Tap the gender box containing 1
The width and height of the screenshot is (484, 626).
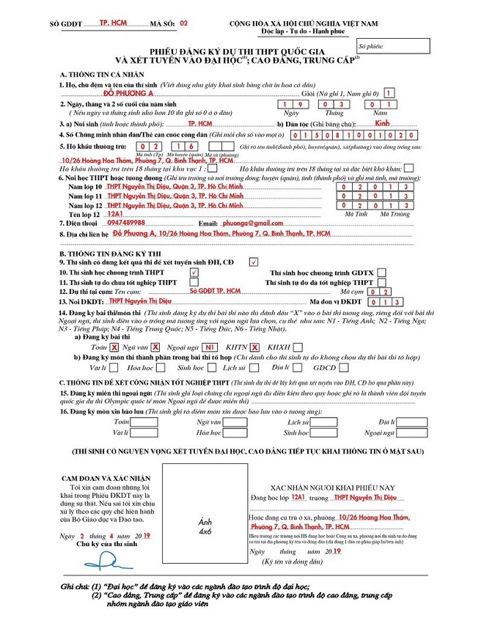coord(389,92)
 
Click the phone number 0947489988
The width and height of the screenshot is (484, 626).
coord(126,222)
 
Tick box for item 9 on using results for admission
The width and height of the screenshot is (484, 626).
coord(253,261)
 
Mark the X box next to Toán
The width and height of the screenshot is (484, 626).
coord(114,347)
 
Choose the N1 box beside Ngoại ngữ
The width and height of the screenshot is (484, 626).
coord(210,347)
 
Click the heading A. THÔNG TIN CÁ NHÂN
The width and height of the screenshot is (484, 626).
coord(93,75)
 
